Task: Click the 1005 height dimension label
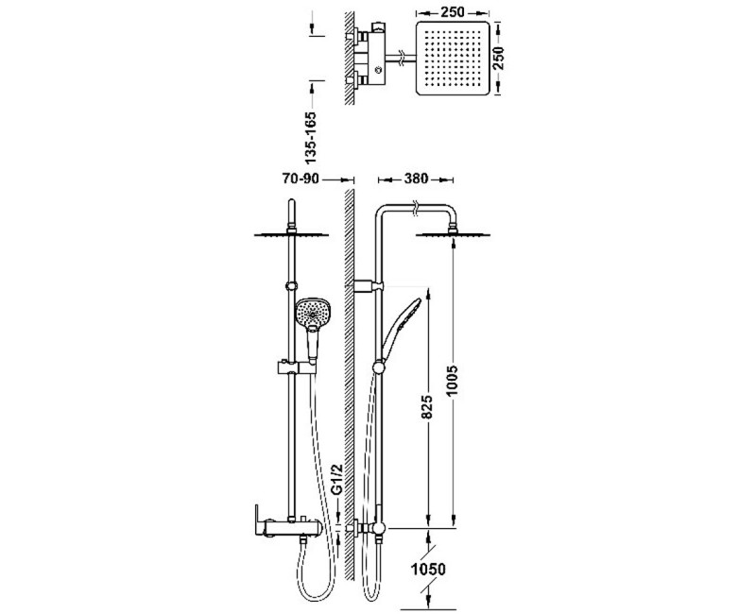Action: pyautogui.click(x=452, y=381)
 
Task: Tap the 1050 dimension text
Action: pyautogui.click(x=428, y=570)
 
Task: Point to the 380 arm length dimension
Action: pyautogui.click(x=416, y=179)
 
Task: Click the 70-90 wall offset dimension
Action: pyautogui.click(x=301, y=179)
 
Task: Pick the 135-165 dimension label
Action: pyautogui.click(x=312, y=137)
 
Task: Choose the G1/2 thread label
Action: pyautogui.click(x=337, y=479)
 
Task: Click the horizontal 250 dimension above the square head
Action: pyautogui.click(x=452, y=12)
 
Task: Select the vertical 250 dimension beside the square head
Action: pyautogui.click(x=498, y=58)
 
